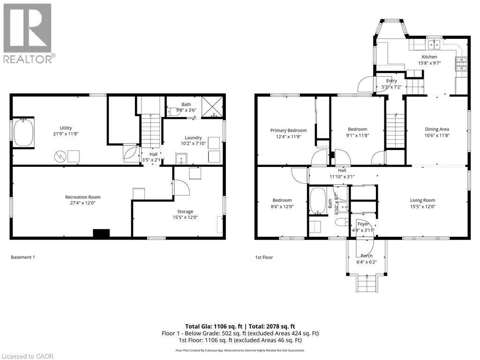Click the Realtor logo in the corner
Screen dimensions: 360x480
(29, 33)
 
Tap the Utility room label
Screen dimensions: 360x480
(66, 127)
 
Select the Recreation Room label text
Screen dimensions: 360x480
(82, 197)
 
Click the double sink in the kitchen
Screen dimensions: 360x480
(434, 45)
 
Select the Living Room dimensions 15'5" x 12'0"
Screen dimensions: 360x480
(423, 206)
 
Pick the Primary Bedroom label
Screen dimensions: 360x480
(288, 130)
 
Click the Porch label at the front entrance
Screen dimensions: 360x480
(367, 255)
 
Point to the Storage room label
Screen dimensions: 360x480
(185, 211)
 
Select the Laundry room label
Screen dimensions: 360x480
(193, 137)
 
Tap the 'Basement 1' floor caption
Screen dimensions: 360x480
(22, 257)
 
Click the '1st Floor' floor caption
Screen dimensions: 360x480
(264, 257)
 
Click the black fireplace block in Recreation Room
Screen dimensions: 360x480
(101, 233)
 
